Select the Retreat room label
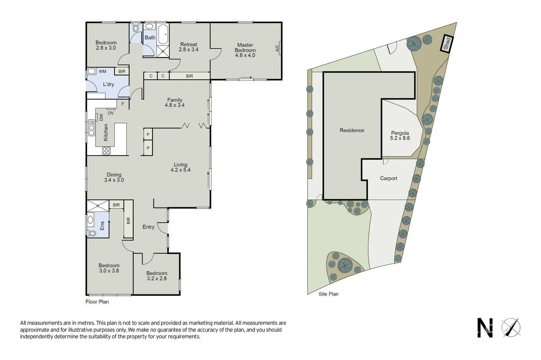point(189,44)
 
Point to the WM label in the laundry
point(102,71)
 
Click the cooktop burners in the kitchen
point(106,151)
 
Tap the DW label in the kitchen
point(101,117)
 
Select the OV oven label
point(111,113)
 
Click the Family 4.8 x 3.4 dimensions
point(174,105)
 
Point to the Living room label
point(180,165)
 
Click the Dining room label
point(114,175)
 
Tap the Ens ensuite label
point(102,226)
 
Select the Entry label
point(148,227)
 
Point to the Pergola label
point(400,133)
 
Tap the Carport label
point(389,178)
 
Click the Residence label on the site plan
point(352,130)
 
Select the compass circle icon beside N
point(511,328)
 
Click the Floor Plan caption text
point(97,302)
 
